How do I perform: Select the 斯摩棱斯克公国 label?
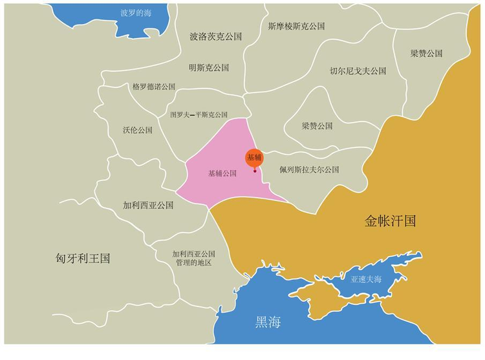coord(296,26)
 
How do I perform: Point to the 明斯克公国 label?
coord(209,67)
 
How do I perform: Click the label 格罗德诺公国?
coord(153,87)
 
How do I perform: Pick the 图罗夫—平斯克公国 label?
coord(199,115)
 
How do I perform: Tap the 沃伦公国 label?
coord(137,130)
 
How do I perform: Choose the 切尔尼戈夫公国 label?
coord(358,71)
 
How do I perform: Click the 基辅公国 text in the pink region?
coord(222,173)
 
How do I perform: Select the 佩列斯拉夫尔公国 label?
coord(309,169)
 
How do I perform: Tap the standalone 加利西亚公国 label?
coord(148,206)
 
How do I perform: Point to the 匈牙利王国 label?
coord(83,259)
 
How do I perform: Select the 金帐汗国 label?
coord(390,222)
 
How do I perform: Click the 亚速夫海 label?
coord(367,280)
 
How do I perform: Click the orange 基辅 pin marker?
coord(254,157)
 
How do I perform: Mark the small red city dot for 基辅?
coord(255,171)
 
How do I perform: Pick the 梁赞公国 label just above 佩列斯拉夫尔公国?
coord(317,126)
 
